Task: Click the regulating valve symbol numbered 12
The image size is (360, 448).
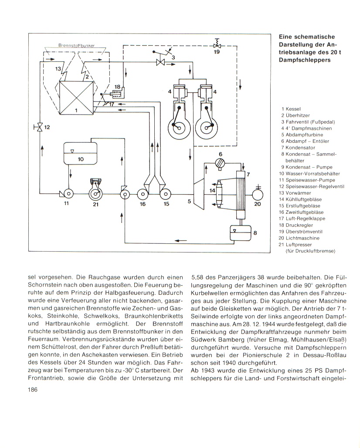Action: pos(40,128)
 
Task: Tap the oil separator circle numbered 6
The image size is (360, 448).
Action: pos(221,163)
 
